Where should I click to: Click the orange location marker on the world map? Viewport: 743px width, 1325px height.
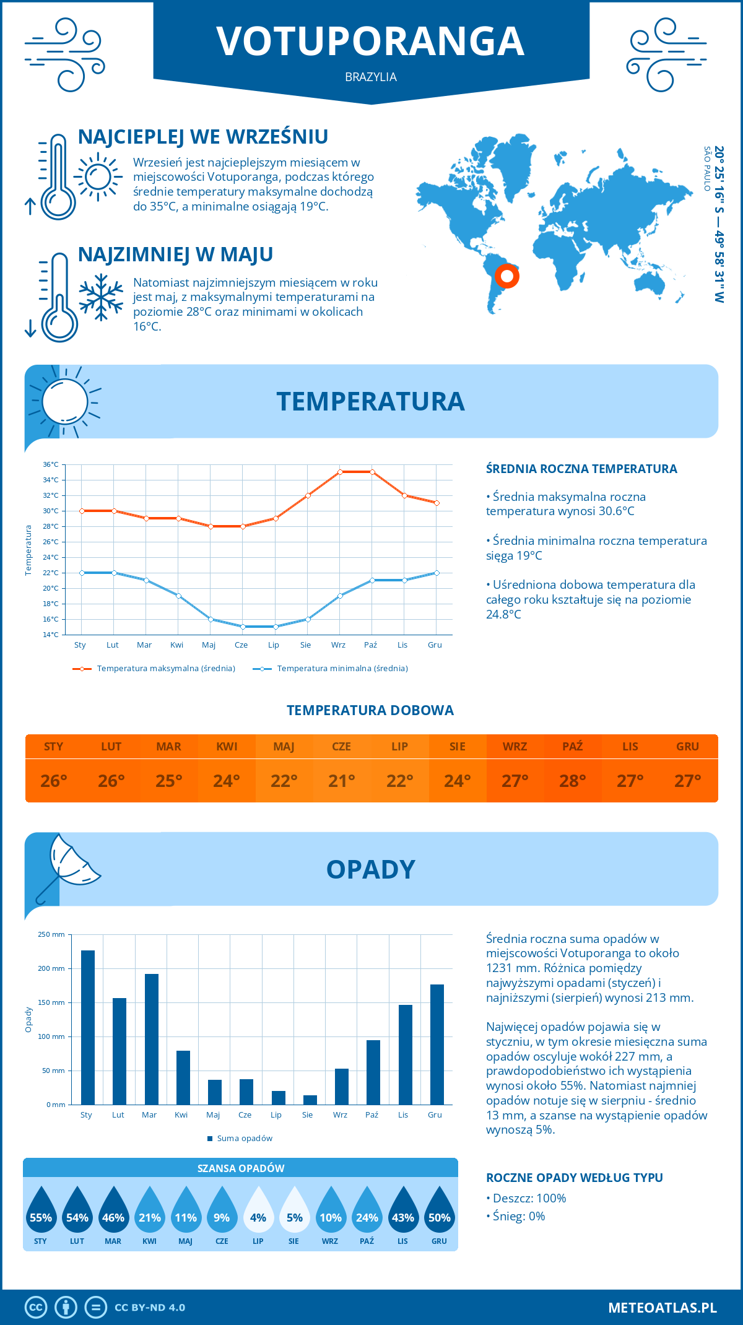pos(506,276)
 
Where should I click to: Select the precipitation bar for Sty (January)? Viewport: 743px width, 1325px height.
pos(88,1027)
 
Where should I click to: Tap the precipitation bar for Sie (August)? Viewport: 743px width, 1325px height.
pos(310,1100)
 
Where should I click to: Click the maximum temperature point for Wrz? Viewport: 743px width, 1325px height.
pos(340,472)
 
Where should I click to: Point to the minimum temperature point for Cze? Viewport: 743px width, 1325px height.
pos(243,627)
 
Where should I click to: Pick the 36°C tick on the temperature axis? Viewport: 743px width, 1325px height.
pos(51,464)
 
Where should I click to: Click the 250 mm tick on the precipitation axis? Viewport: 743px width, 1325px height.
pos(51,934)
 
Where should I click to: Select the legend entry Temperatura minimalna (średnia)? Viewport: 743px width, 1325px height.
pos(342,669)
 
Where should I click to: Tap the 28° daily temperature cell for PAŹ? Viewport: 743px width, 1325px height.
pos(573,781)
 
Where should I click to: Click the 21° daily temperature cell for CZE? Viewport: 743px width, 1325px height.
pos(342,781)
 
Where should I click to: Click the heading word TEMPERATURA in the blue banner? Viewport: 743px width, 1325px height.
pos(370,401)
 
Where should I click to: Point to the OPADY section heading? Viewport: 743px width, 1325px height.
pos(370,869)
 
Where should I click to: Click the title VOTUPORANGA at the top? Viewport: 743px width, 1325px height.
pos(370,41)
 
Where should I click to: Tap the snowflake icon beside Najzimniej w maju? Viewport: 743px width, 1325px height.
pos(101,297)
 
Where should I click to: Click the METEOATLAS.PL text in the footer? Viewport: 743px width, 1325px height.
pos(663,1308)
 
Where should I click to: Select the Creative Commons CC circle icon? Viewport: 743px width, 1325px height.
pos(36,1308)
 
